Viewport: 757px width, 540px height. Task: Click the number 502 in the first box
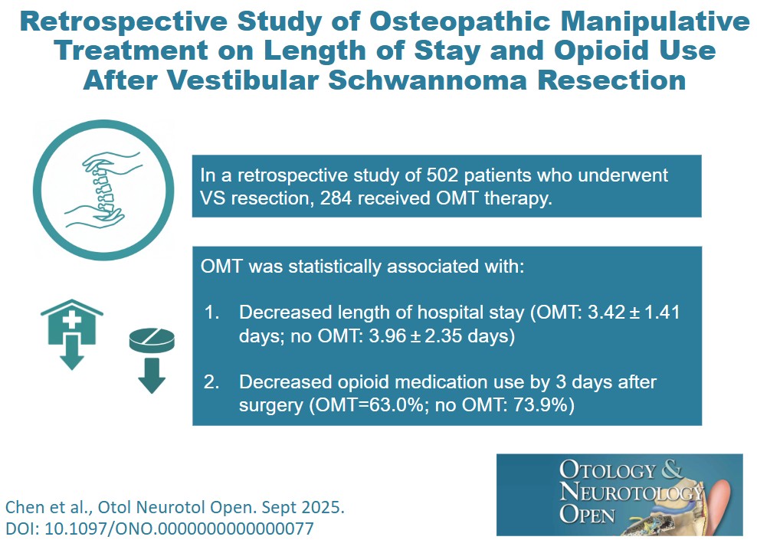tap(435, 175)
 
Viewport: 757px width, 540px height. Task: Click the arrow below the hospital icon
tap(71, 356)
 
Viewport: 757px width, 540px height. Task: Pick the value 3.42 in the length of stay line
tap(595, 313)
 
